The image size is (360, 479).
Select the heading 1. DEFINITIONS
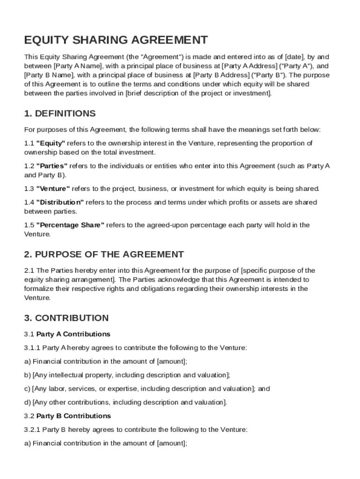point(60,114)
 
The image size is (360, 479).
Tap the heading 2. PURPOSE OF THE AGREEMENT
point(104,254)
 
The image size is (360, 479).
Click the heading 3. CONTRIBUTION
point(66,318)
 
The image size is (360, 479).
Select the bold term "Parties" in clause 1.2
point(52,166)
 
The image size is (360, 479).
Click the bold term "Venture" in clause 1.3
point(53,189)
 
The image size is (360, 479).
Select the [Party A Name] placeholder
point(79,66)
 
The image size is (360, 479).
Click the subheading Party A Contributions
point(73,334)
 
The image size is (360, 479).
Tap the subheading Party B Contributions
point(73,416)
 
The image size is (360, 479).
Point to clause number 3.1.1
point(32,348)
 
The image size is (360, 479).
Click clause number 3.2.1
point(32,429)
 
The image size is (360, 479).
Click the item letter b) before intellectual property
point(27,375)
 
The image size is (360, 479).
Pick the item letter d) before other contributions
point(27,402)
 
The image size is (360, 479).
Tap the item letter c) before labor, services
point(27,389)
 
